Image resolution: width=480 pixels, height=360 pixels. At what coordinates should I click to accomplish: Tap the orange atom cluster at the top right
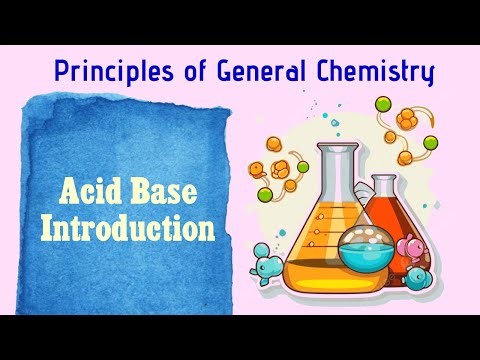[405, 119]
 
